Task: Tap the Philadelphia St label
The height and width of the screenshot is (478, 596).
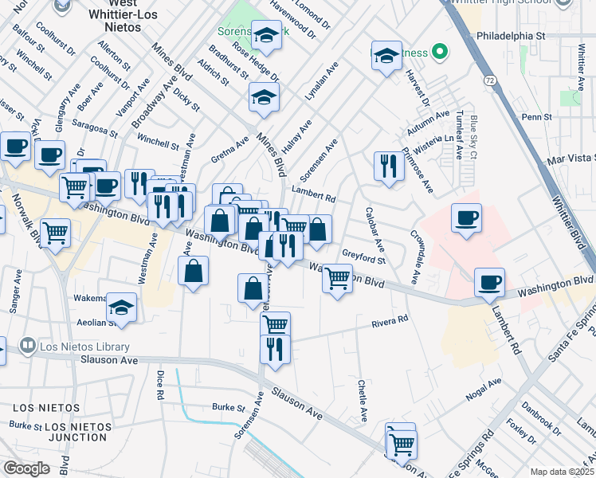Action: [x=510, y=36]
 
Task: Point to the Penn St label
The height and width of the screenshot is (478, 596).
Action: [x=537, y=117]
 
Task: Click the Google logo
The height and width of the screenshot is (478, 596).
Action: [x=26, y=468]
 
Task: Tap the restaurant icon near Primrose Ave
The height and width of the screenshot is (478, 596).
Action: [x=388, y=166]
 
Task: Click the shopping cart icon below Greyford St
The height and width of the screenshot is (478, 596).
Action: [x=337, y=278]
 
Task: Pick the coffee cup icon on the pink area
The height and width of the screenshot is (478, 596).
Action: [x=466, y=217]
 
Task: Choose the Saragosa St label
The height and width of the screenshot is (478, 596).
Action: [x=94, y=124]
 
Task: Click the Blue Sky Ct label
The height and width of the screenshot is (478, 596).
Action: [x=473, y=136]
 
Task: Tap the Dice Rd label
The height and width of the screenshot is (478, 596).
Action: [x=160, y=385]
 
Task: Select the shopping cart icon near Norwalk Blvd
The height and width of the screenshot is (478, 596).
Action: [x=56, y=233]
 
